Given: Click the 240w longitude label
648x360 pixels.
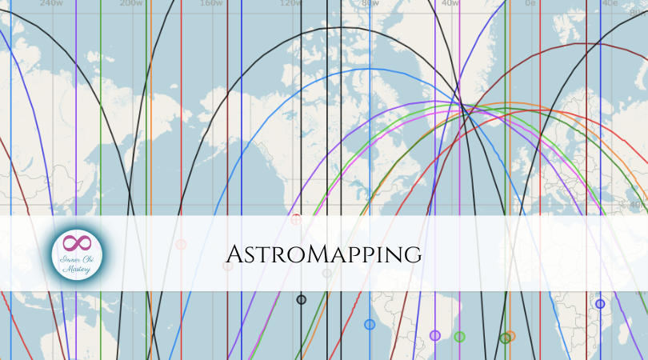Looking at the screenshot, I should pos(50,3).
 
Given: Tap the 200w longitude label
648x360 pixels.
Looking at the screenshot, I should pos(130,3).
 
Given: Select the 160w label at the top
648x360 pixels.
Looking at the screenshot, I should pos(210,3).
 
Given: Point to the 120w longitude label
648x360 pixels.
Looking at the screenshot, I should pos(290,3).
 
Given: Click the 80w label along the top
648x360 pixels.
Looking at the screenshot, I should pos(370,3).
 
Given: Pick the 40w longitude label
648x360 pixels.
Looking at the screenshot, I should pos(450,3).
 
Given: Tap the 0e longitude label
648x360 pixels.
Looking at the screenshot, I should pos(530,3).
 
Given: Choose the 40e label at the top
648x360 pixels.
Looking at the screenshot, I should pos(610,3).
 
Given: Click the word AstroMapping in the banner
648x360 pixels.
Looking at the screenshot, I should pos(323,254).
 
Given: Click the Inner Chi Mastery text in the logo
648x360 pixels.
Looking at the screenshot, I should pos(77,263).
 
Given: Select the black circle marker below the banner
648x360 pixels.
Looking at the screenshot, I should pos(302,299).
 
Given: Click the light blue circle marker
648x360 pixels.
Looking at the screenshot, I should pos(370,324).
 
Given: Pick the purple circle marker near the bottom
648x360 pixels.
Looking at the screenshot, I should pos(435,335).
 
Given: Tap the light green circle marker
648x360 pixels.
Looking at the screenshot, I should pos(459,337).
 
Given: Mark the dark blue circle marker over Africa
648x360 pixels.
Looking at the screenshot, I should pos(600,304).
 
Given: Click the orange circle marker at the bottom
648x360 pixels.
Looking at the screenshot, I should pos(510,336).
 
